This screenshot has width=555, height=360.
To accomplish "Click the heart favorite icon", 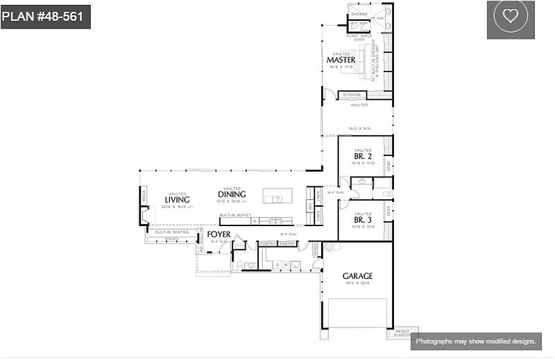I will pos(511,17).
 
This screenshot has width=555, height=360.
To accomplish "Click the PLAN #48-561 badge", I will pos(46,17).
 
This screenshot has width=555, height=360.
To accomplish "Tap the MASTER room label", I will pos(341,60).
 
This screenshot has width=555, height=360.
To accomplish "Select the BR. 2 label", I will pos(363,157).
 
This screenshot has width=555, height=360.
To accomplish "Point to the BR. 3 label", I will pos(363,220).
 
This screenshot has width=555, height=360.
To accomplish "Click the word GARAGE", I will pos(357,276).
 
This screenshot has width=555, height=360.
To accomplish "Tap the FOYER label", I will pos(219,235).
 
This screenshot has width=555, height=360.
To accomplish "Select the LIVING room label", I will pos(177,200).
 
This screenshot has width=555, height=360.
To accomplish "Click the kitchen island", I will pos(277,196).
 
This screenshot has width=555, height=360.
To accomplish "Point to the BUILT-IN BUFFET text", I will pos(235,215).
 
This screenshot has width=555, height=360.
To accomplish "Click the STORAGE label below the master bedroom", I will pos(352,95).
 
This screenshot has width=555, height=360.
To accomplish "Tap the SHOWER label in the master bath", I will pos(359,14).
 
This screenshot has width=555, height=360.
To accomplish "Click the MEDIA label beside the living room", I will pos(144,197).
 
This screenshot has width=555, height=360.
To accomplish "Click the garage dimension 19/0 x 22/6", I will pos(357,283).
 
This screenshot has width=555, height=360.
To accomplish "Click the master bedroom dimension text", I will pos(341,67).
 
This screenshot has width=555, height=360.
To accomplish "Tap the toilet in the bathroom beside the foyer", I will pos(239,265).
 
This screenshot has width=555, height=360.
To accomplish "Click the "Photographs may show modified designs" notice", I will pos(476,341).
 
